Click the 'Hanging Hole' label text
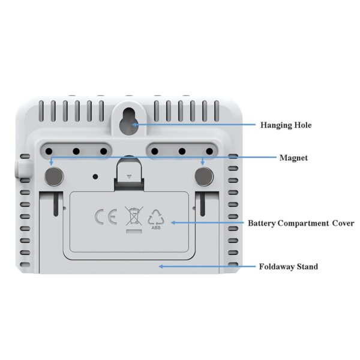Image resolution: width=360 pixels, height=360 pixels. pyautogui.click(x=286, y=125)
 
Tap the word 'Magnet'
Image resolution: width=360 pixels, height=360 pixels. pyautogui.click(x=293, y=158)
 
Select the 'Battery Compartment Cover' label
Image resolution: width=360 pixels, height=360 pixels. pyautogui.click(x=301, y=223)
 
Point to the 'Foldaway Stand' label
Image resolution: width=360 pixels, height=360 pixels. pyautogui.click(x=289, y=266)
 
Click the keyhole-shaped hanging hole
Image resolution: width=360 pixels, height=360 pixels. pyautogui.click(x=128, y=121)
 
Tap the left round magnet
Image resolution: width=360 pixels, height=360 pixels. pyautogui.click(x=54, y=176)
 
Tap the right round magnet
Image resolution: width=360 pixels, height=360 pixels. pyautogui.click(x=204, y=176)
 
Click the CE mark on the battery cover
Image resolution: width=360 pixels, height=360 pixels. pyautogui.click(x=106, y=217)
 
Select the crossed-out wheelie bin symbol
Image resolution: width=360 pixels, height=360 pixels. pyautogui.click(x=134, y=216)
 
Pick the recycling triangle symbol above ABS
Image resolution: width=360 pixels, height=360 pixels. pyautogui.click(x=156, y=217)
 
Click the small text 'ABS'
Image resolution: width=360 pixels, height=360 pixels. pyautogui.click(x=156, y=228)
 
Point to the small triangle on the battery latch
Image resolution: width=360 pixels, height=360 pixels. pyautogui.click(x=129, y=177)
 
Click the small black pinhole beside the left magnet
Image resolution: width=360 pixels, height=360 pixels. pyautogui.click(x=95, y=176)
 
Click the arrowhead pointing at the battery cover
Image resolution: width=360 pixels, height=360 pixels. pyautogui.click(x=174, y=223)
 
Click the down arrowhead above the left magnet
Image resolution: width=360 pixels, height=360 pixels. pyautogui.click(x=52, y=163)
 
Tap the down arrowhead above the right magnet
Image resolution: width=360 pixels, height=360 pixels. pyautogui.click(x=203, y=163)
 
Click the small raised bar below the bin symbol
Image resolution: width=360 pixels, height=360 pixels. pyautogui.click(x=134, y=231)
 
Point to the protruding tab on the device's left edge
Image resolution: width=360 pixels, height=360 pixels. pyautogui.click(x=23, y=169)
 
